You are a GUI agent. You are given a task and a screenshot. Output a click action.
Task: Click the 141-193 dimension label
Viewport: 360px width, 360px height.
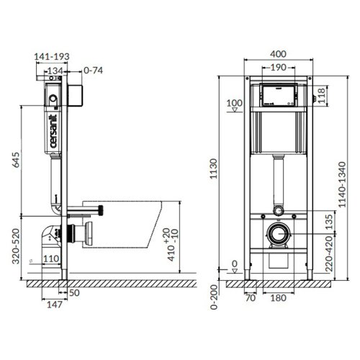(53, 54)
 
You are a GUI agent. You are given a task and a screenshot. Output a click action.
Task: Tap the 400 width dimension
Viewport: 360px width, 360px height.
(281, 54)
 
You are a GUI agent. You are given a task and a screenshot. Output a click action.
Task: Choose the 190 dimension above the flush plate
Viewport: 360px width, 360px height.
(281, 67)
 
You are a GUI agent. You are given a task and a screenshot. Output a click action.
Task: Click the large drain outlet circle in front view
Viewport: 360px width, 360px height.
(279, 234)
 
